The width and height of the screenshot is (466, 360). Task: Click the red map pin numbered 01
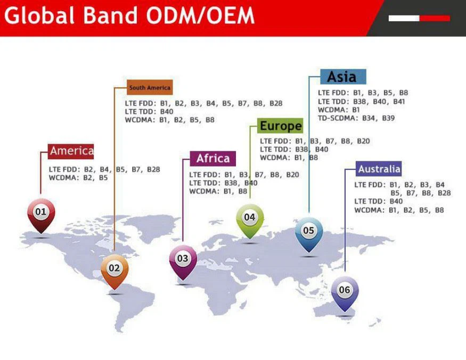pyautogui.click(x=41, y=213)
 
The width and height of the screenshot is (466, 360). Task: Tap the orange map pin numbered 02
pyautogui.click(x=115, y=269)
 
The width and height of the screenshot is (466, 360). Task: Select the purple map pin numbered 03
pyautogui.click(x=183, y=259)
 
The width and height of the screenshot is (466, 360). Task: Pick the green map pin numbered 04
pyautogui.click(x=250, y=218)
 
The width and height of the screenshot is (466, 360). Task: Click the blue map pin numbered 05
pyautogui.click(x=309, y=232)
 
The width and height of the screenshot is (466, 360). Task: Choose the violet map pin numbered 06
pyautogui.click(x=345, y=291)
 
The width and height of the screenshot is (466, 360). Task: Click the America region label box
pyautogui.click(x=71, y=151)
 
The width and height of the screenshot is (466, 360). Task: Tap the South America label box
pyautogui.click(x=150, y=87)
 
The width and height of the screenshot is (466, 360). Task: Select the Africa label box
pyautogui.click(x=213, y=159)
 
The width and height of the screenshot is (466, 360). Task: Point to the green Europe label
pyautogui.click(x=280, y=126)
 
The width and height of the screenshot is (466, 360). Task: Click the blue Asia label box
pyautogui.click(x=342, y=77)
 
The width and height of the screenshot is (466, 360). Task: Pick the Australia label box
pyautogui.click(x=379, y=169)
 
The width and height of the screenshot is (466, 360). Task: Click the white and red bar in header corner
pyautogui.click(x=419, y=18)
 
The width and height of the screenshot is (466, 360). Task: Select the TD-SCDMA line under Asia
pyautogui.click(x=356, y=118)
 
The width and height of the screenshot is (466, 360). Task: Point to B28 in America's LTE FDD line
pyautogui.click(x=153, y=169)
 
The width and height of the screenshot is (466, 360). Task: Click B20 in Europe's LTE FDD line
pyautogui.click(x=363, y=141)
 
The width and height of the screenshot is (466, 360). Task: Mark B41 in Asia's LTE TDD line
pyautogui.click(x=399, y=101)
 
